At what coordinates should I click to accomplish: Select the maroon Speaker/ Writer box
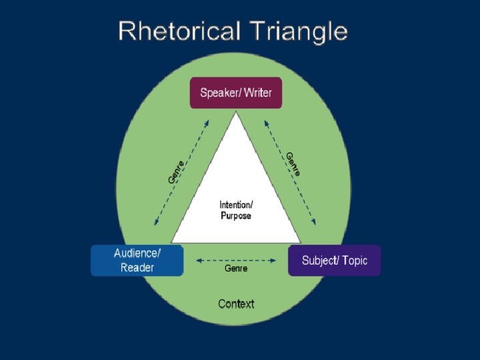pyautogui.click(x=236, y=93)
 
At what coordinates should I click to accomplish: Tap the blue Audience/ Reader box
pyautogui.click(x=137, y=260)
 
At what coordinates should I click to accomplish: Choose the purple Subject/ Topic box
pyautogui.click(x=334, y=260)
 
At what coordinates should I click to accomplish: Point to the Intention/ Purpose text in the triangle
pyautogui.click(x=236, y=210)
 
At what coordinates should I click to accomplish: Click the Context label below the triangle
pyautogui.click(x=236, y=304)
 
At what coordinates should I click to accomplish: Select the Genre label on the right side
pyautogui.click(x=293, y=164)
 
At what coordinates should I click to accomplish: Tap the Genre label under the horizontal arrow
pyautogui.click(x=236, y=268)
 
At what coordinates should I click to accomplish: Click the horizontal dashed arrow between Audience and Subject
pyautogui.click(x=236, y=259)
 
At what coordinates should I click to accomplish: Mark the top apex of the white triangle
pyautogui.click(x=235, y=113)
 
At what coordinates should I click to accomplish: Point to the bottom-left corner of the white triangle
pyautogui.click(x=172, y=242)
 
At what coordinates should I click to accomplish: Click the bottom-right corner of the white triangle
pyautogui.click(x=300, y=242)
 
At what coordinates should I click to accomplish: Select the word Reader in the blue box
pyautogui.click(x=137, y=268)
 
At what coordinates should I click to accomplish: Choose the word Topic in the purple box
pyautogui.click(x=354, y=260)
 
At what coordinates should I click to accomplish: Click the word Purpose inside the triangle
pyautogui.click(x=236, y=216)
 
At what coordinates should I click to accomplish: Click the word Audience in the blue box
pyautogui.click(x=136, y=253)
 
